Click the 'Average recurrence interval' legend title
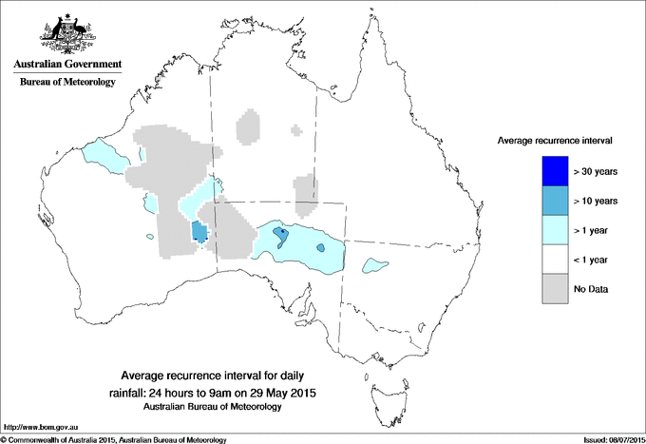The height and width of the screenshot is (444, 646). (x=555, y=140)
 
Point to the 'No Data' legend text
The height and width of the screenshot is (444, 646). (x=591, y=288)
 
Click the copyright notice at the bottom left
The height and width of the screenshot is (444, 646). (x=114, y=438)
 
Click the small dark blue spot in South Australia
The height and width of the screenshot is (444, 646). (x=278, y=231)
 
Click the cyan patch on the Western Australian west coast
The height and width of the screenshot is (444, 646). (x=103, y=156)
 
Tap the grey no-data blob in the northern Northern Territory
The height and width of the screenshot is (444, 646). (x=248, y=126)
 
